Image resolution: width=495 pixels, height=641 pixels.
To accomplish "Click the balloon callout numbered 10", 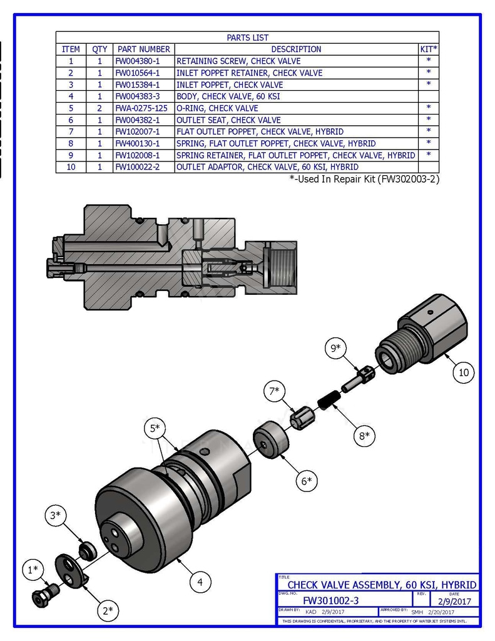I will click(x=464, y=372).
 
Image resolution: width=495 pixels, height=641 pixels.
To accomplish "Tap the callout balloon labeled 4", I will click(x=200, y=582).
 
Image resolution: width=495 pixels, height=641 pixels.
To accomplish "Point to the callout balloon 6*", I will click(x=306, y=481).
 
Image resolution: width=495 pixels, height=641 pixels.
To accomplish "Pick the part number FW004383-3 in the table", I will click(x=137, y=96).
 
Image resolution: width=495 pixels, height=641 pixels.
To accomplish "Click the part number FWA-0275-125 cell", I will click(x=141, y=108).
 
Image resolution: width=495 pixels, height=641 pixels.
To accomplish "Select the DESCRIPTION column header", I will click(x=296, y=49).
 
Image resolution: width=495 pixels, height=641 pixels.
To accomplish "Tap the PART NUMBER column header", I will click(x=143, y=49).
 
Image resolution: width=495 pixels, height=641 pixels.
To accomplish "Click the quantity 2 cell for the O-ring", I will click(x=100, y=108).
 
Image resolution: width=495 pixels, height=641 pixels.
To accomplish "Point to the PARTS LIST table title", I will click(x=247, y=38).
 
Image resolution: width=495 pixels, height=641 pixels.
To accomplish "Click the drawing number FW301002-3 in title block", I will click(x=330, y=600).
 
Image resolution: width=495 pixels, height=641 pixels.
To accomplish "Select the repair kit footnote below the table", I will click(x=364, y=179).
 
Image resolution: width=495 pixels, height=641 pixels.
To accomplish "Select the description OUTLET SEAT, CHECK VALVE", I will click(x=228, y=120).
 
